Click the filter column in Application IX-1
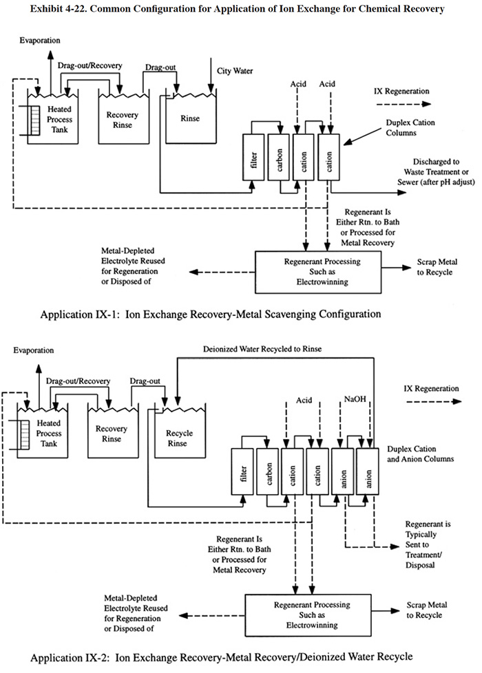click(x=253, y=157)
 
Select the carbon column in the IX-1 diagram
click(x=279, y=157)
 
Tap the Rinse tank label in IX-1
click(x=190, y=118)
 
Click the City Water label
click(x=235, y=71)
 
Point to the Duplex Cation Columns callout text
click(x=410, y=127)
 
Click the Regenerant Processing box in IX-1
click(x=318, y=272)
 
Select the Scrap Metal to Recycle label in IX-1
click(x=437, y=267)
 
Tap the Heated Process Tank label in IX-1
click(x=59, y=119)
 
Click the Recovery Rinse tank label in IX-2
click(x=112, y=434)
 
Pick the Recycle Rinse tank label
click(x=179, y=438)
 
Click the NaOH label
click(x=355, y=399)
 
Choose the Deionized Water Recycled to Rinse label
click(x=262, y=349)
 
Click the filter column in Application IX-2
click(x=242, y=471)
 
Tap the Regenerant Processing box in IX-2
click(x=308, y=615)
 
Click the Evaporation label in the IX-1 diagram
click(x=40, y=41)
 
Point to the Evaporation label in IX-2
click(x=34, y=350)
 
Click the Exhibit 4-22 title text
click(x=237, y=8)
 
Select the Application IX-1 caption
click(x=211, y=314)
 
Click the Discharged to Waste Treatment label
click(x=436, y=171)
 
